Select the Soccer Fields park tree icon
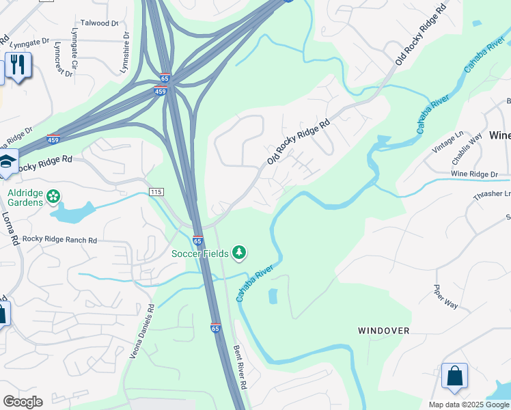[239, 254]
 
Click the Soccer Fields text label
[200, 254]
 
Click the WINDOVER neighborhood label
[384, 331]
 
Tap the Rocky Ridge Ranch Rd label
[59, 240]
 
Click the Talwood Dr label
[100, 23]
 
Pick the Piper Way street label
[446, 297]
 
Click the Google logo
[23, 402]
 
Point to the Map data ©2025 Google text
[469, 405]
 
